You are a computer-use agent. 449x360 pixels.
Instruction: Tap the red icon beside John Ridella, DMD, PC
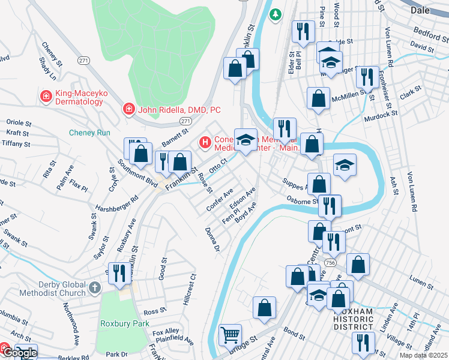[x=128, y=109]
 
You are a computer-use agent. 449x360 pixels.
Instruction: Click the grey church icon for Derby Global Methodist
[x=94, y=289]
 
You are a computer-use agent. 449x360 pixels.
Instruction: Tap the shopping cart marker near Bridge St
[x=230, y=335]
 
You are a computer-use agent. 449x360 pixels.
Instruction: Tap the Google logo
[x=19, y=353]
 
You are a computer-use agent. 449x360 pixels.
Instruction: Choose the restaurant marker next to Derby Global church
[x=119, y=273]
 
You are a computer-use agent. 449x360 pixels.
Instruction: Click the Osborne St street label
[x=303, y=201]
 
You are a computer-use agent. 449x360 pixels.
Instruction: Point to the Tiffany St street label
[x=17, y=144]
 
